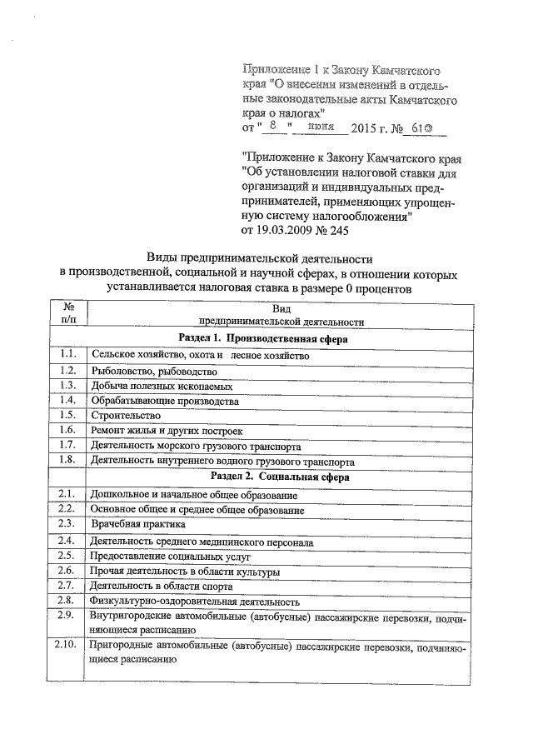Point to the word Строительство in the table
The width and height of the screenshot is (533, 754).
point(126,416)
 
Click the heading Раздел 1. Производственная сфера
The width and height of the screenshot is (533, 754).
point(263,339)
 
